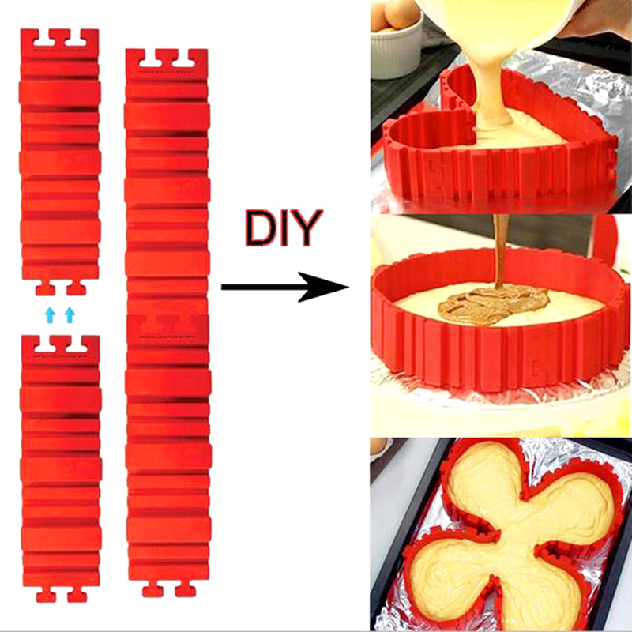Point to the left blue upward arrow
pos(50,314)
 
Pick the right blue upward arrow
pos(70,314)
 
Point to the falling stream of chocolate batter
pos(500,252)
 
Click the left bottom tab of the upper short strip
pos(45,288)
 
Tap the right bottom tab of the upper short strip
pos(77,288)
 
